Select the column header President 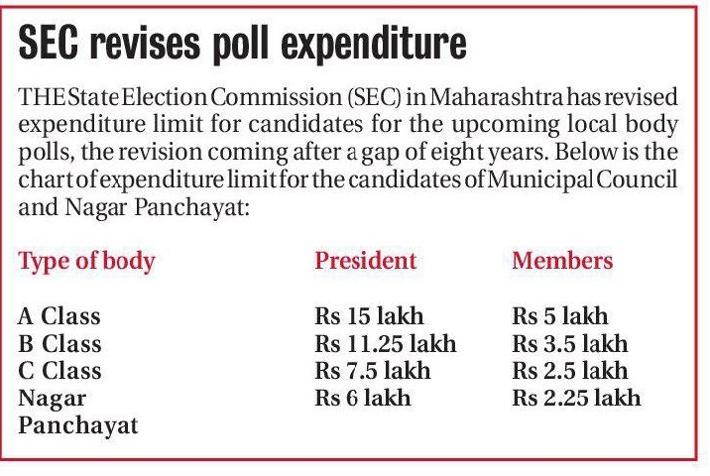366,262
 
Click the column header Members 562,262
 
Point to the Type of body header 87,262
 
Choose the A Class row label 60,317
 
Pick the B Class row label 60,344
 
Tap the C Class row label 60,371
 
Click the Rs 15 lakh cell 369,317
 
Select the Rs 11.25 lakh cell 385,344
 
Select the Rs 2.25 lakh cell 576,398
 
